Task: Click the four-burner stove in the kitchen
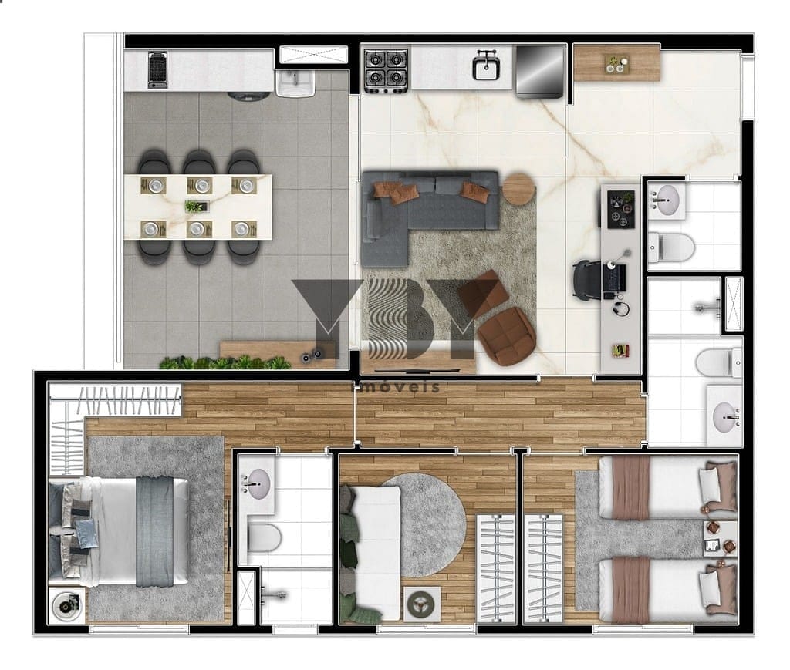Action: coord(386,70)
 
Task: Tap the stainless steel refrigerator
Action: coord(539,71)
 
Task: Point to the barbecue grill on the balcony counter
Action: coord(157,69)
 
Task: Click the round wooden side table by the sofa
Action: coord(518,189)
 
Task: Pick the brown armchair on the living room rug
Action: coord(506,335)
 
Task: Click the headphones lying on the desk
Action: coord(621,308)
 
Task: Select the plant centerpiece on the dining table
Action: coord(197,206)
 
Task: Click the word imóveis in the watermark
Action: coord(395,386)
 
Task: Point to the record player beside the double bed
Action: coord(67,604)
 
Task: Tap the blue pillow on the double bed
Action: coord(86,534)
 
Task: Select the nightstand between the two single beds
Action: coord(721,539)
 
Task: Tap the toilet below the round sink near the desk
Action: coord(672,247)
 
